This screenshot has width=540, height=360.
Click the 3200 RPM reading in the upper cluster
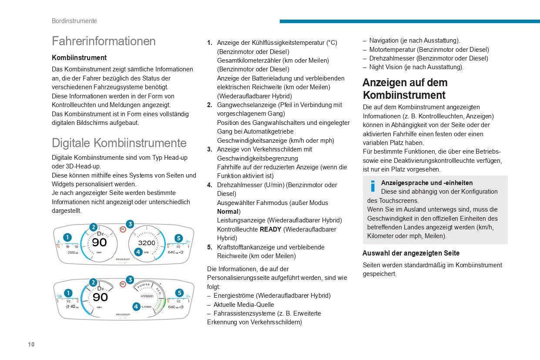tap(147, 243)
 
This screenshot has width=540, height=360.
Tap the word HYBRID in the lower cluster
tap(147, 296)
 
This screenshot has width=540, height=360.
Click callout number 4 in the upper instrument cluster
tap(138, 252)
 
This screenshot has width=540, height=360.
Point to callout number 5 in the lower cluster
tap(179, 293)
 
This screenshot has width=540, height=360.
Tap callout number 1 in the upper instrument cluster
tap(67, 237)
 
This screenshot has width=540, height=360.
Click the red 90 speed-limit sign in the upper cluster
tap(123, 229)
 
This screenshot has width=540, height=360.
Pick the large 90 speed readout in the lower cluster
tap(100, 297)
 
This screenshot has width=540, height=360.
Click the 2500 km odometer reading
tap(73, 252)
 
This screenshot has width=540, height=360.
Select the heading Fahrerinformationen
tap(104, 41)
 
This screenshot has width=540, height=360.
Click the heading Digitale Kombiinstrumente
tap(119, 143)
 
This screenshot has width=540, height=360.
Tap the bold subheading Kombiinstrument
tap(79, 57)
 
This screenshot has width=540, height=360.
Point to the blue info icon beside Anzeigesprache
tap(372, 186)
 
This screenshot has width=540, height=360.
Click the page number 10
tap(31, 344)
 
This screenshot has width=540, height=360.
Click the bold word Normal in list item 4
tap(228, 212)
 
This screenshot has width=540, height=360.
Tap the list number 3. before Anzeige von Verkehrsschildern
tap(210, 149)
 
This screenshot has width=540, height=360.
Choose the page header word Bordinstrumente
tap(74, 21)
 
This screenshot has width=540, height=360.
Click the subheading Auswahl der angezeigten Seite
tap(411, 253)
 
